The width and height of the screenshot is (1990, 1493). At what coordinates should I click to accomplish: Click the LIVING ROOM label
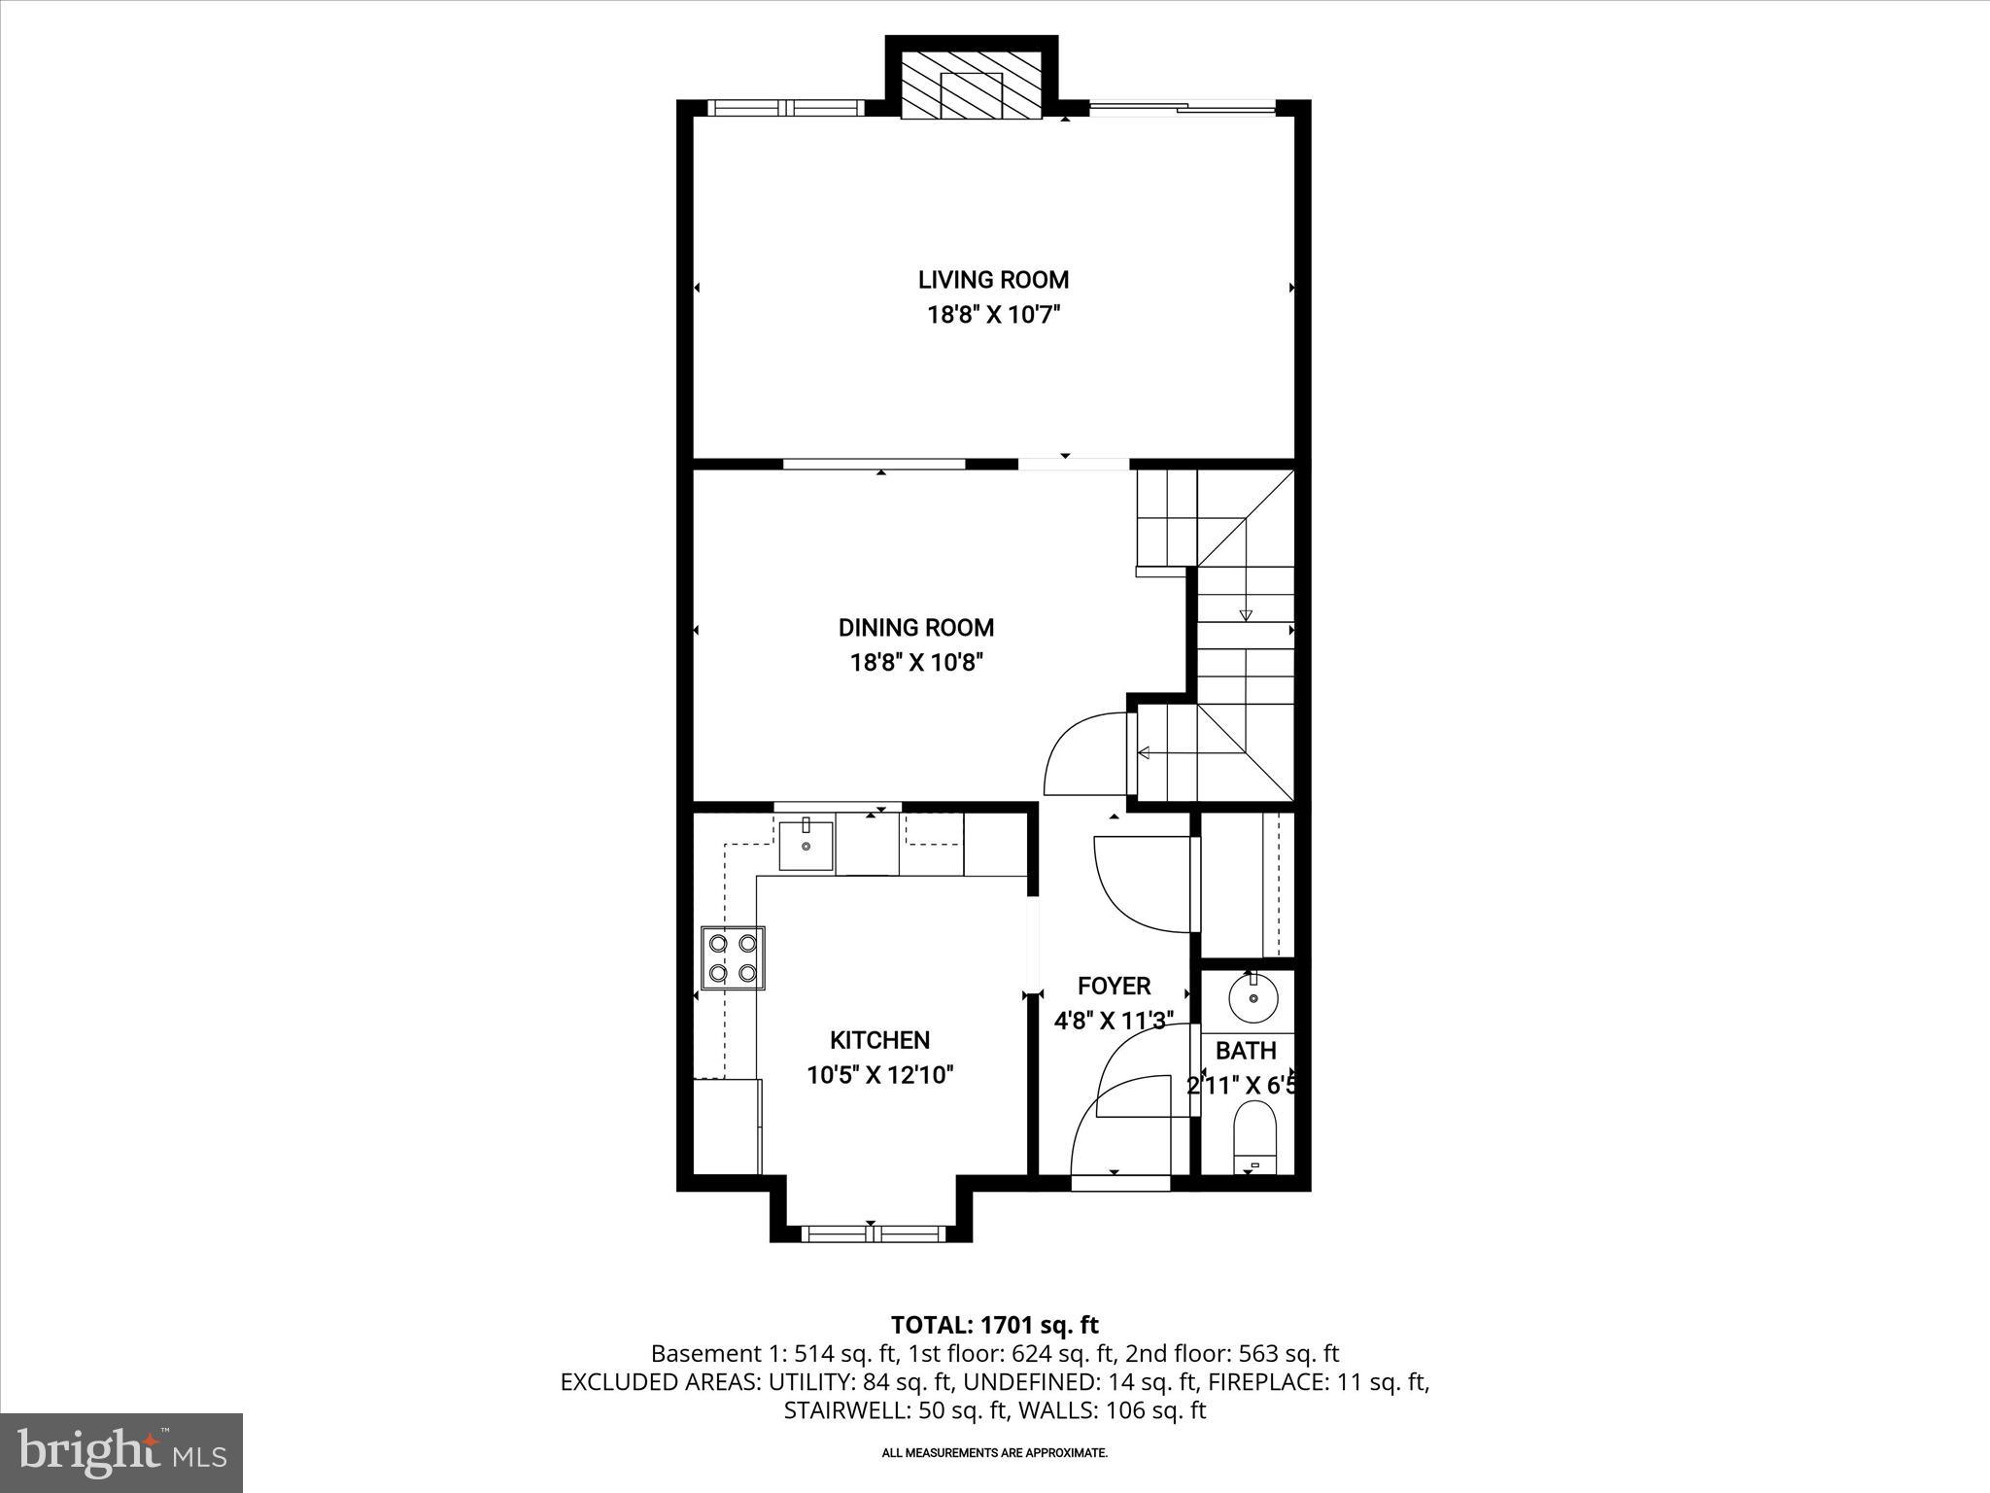pyautogui.click(x=993, y=280)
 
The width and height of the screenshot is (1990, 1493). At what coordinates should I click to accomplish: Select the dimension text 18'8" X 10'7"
pyautogui.click(x=993, y=315)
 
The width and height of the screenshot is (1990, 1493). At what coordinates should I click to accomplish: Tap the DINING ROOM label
pyautogui.click(x=916, y=628)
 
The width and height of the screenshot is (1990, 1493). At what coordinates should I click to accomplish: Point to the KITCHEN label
pyautogui.click(x=879, y=1040)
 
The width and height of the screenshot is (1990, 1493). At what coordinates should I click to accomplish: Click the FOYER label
pyautogui.click(x=1114, y=986)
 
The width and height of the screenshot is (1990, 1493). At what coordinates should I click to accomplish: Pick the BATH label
pyautogui.click(x=1246, y=1051)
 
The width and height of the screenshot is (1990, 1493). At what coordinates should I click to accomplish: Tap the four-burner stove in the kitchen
pyautogui.click(x=733, y=957)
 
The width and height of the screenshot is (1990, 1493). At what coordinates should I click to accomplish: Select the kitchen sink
pyautogui.click(x=806, y=846)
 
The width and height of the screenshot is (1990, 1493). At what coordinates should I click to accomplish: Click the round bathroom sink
pyautogui.click(x=1253, y=997)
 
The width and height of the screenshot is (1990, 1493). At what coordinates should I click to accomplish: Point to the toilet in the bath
pyautogui.click(x=1253, y=1138)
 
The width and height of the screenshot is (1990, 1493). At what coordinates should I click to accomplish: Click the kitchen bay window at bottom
pyautogui.click(x=872, y=1233)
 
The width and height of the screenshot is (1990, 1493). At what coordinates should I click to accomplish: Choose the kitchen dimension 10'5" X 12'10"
pyautogui.click(x=879, y=1075)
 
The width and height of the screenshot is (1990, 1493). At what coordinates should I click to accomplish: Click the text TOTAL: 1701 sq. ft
pyautogui.click(x=994, y=1325)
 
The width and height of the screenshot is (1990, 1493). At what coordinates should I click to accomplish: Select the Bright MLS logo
pyautogui.click(x=121, y=1452)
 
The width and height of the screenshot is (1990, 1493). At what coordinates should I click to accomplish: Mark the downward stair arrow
pyautogui.click(x=1245, y=614)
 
